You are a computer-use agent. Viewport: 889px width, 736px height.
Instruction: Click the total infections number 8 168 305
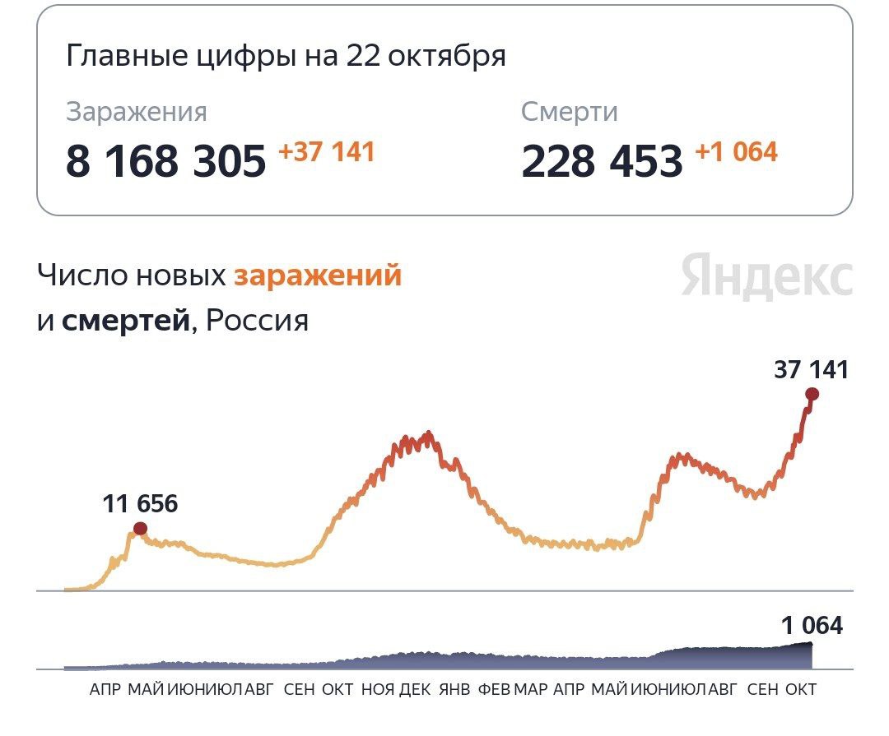click(x=165, y=161)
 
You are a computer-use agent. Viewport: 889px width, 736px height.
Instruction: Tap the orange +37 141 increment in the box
click(x=326, y=152)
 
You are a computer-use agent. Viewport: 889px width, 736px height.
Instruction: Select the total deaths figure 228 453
click(x=602, y=161)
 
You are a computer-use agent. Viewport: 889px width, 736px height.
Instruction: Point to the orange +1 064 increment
click(x=736, y=152)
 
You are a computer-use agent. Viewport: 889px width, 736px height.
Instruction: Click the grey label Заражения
click(x=137, y=112)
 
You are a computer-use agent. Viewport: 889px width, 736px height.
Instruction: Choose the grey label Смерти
click(x=569, y=112)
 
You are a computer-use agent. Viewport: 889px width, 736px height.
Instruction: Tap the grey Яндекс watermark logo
click(x=766, y=275)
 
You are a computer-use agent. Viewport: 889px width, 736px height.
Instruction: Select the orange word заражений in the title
click(x=318, y=275)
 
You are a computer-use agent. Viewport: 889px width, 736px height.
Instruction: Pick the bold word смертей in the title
click(x=125, y=320)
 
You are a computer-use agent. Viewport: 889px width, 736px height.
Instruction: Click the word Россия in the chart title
click(x=257, y=320)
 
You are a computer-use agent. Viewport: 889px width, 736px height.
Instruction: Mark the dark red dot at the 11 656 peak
click(x=140, y=528)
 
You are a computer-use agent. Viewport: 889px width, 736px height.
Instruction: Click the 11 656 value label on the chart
click(x=140, y=503)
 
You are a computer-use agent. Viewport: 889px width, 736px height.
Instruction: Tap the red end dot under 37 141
click(x=812, y=394)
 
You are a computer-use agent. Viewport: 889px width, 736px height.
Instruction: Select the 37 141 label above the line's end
click(x=810, y=370)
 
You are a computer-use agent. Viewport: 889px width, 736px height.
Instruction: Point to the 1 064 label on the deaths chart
click(x=812, y=626)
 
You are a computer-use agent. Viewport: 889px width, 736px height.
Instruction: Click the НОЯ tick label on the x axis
click(x=378, y=689)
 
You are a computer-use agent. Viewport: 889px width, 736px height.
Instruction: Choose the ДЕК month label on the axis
click(x=415, y=689)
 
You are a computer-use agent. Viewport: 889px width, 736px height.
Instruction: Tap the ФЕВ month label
click(x=494, y=689)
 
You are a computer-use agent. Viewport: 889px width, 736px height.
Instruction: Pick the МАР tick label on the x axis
click(x=531, y=689)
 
